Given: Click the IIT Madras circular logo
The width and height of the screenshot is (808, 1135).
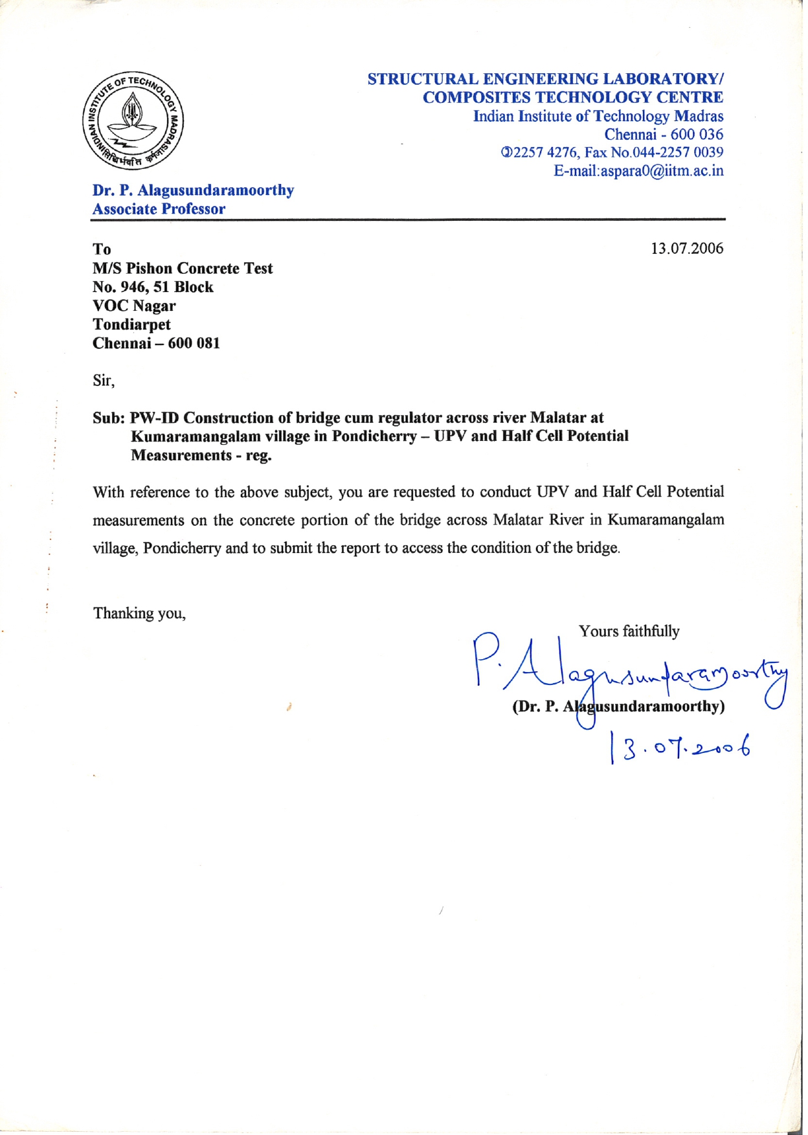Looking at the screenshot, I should point(133,120).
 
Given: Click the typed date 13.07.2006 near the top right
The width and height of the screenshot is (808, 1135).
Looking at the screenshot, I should point(686,249).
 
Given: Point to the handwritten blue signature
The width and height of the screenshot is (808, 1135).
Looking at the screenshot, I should point(628,673).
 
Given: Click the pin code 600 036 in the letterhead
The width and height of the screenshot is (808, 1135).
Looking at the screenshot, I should point(697,135).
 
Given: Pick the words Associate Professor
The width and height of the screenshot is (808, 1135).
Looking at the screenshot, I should point(159,209).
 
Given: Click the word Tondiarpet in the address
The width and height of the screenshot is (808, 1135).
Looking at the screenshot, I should point(131,324).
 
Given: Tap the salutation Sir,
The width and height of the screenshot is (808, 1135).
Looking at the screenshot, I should point(104,380).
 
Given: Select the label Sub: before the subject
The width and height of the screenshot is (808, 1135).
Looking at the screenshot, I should point(108,418).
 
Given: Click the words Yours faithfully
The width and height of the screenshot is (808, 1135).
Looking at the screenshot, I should point(629,631).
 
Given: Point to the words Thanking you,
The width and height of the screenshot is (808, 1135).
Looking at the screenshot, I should point(139,613).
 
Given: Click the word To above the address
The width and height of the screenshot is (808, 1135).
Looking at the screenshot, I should point(102,249).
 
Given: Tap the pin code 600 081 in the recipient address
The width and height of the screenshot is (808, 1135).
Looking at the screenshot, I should point(194,343).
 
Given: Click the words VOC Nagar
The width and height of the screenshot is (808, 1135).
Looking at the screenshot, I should point(134,306).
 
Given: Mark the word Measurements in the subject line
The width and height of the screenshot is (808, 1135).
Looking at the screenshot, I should point(181,455).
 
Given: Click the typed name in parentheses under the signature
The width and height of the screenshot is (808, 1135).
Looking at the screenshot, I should point(618,706).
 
